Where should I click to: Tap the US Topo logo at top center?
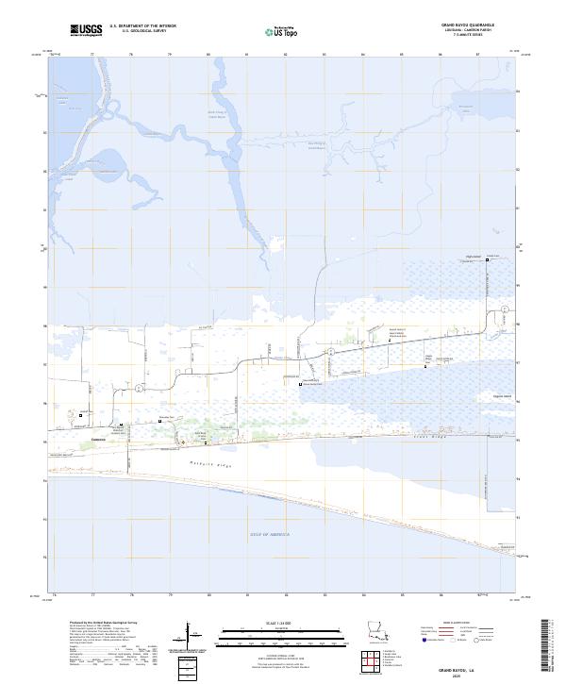point(273,30)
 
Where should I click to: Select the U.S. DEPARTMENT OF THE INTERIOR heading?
point(142,25)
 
